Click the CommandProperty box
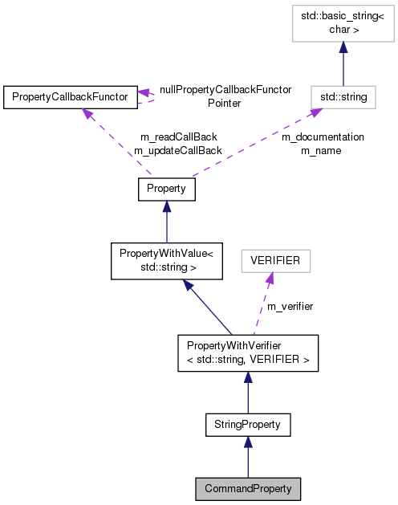click(x=248, y=488)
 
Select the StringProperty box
click(x=247, y=423)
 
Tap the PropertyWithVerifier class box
click(x=248, y=353)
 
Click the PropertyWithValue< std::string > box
click(x=165, y=260)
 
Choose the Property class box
click(x=166, y=189)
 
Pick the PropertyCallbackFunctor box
click(x=68, y=98)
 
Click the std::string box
click(x=343, y=97)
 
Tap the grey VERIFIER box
click(x=275, y=260)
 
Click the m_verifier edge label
click(x=290, y=306)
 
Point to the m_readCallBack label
click(x=178, y=136)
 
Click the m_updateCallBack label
click(x=177, y=150)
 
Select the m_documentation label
click(x=323, y=136)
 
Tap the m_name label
click(x=321, y=150)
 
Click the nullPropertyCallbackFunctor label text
click(x=225, y=90)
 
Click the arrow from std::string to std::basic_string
click(x=343, y=64)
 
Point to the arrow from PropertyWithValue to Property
click(x=166, y=221)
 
